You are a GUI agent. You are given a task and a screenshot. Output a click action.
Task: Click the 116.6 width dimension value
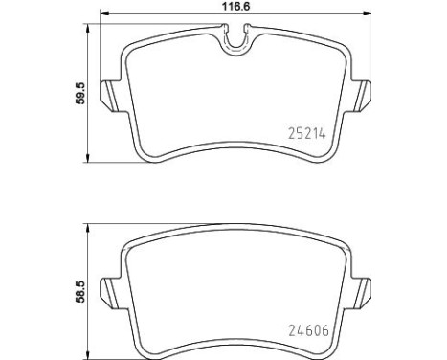point(236,6)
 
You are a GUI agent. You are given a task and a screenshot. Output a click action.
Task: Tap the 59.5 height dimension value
point(80,93)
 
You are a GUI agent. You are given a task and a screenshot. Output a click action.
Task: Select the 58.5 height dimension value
point(80,291)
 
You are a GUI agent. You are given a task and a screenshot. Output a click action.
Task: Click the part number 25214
point(307,133)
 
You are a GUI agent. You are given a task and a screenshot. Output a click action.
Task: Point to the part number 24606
point(308,330)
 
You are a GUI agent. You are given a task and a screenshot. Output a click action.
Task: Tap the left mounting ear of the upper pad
point(111,96)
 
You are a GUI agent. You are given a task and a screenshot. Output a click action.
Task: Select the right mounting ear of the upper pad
point(361,96)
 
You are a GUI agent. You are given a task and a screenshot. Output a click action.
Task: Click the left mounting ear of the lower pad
point(111,293)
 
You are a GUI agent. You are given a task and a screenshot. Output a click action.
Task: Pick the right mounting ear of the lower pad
point(361,293)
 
